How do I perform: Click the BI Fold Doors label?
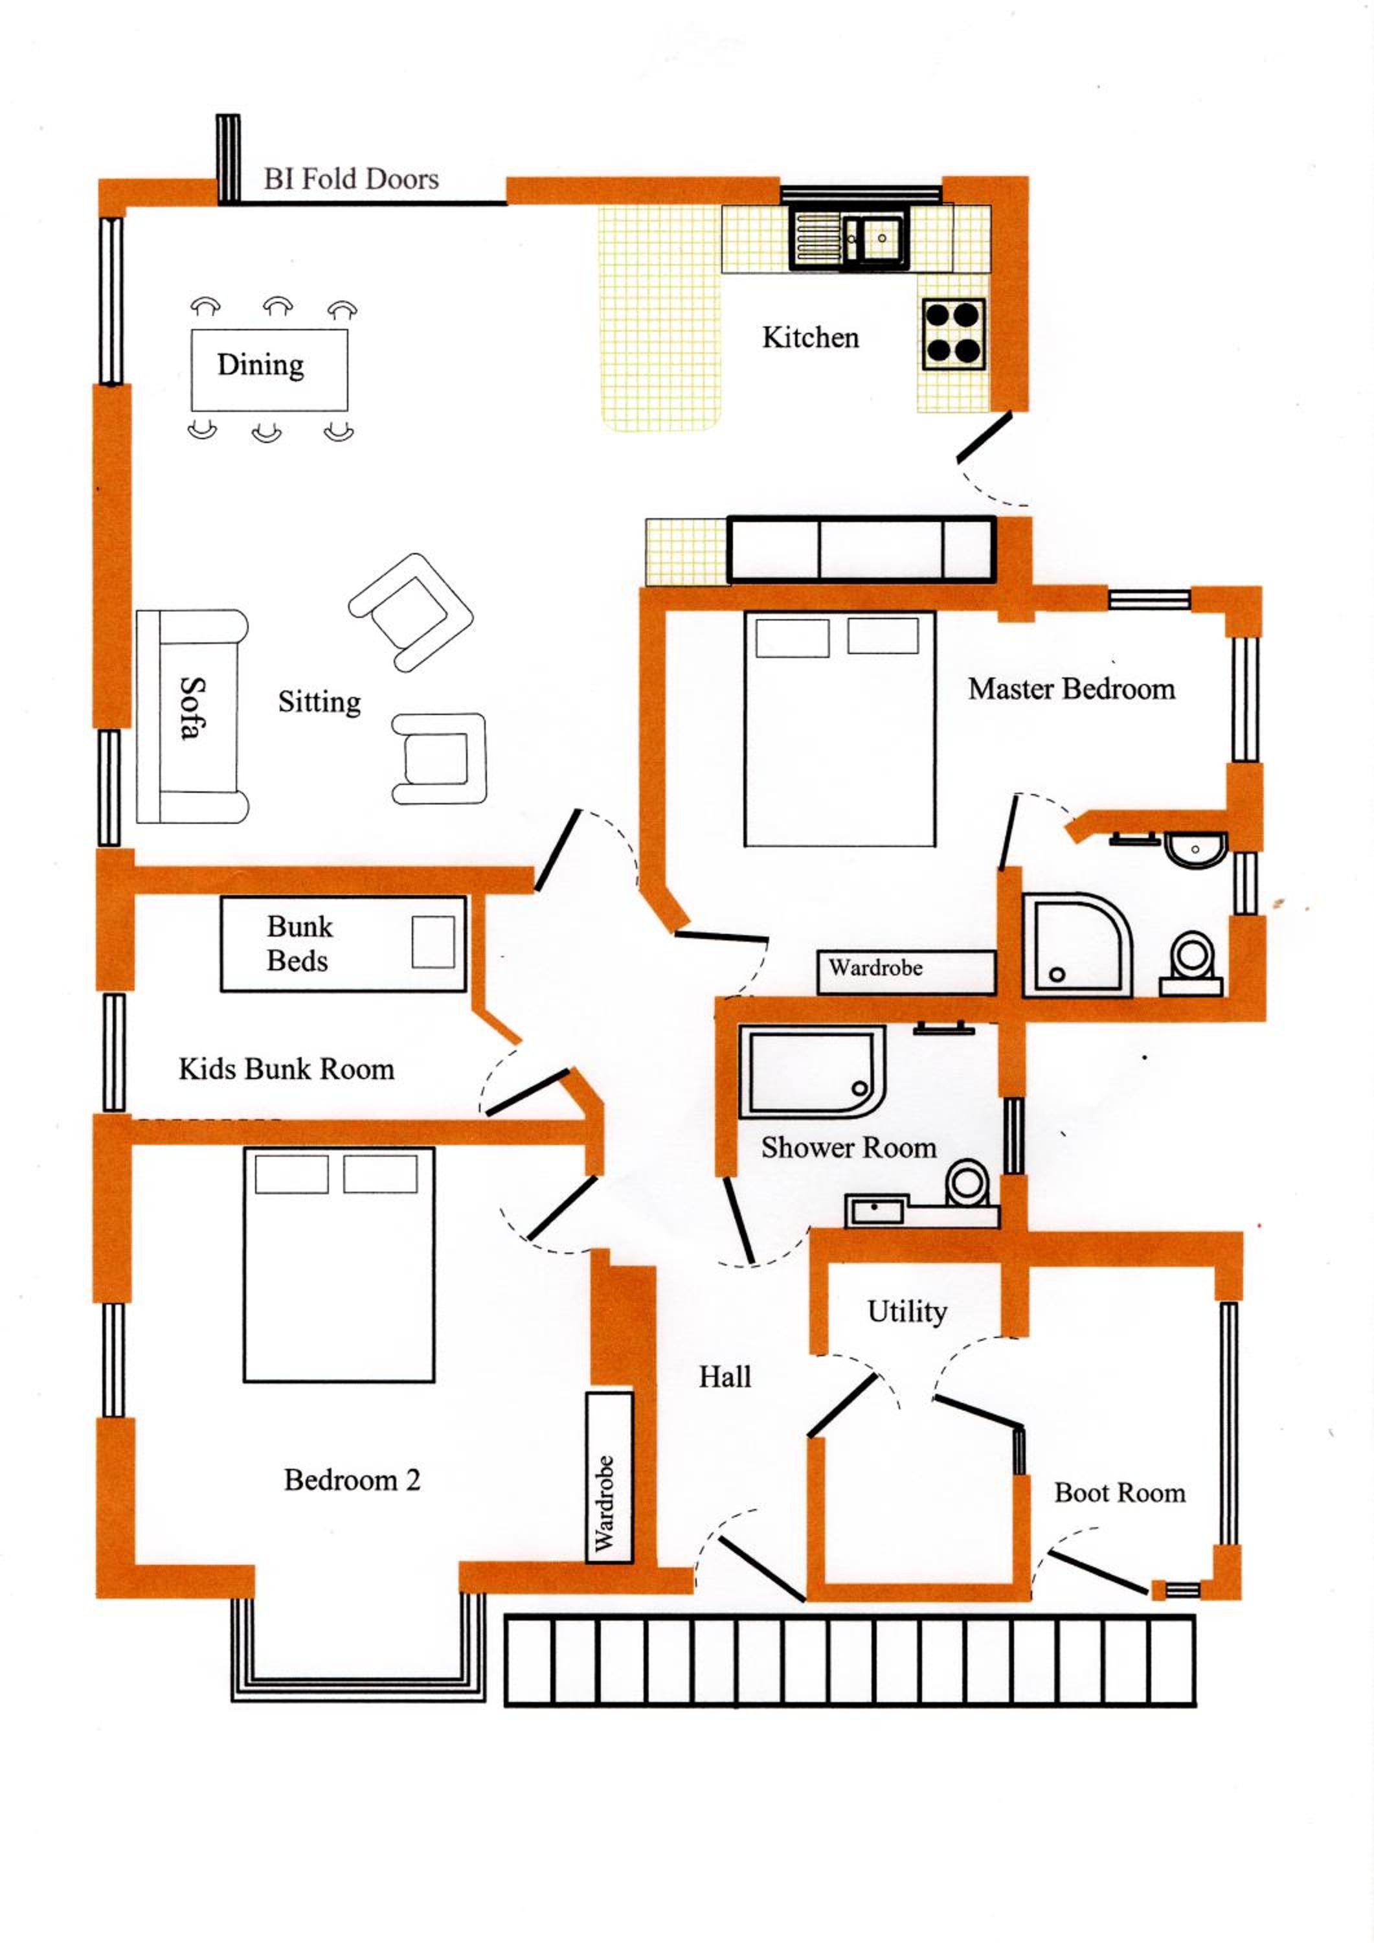[x=351, y=179]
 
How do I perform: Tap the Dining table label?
[x=260, y=365]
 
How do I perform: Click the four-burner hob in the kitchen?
[x=954, y=334]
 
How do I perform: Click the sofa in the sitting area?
[x=192, y=716]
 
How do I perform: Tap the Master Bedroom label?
[x=1071, y=689]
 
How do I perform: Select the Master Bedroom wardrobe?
[x=906, y=972]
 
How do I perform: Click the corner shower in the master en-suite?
[x=1077, y=944]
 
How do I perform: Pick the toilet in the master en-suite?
[x=1192, y=964]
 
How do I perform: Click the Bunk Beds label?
[x=300, y=944]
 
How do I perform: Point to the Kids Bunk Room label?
[x=287, y=1069]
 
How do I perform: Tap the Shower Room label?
[x=849, y=1148]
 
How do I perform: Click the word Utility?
[x=907, y=1312]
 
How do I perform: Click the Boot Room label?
[x=1120, y=1493]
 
